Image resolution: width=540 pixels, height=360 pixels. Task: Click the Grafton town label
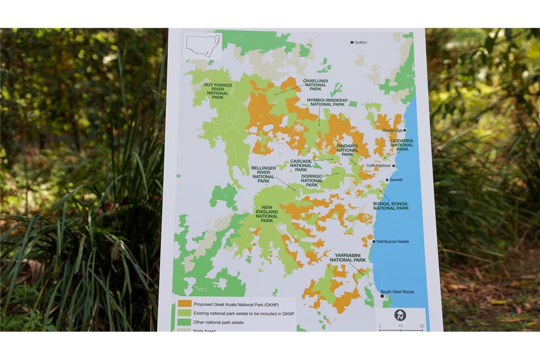tap(360, 43)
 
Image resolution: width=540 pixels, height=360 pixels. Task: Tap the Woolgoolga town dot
tap(405, 130)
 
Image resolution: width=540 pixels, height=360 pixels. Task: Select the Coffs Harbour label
tap(378, 166)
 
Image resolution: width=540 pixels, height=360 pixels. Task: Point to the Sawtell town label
tap(396, 180)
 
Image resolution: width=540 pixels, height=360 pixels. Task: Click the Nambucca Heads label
tap(393, 242)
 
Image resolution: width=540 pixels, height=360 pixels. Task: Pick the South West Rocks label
tap(397, 292)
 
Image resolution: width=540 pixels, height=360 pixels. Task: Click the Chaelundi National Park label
tap(315, 85)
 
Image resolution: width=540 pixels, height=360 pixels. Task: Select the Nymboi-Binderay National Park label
tap(327, 102)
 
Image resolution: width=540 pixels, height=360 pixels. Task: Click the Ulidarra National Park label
tap(402, 145)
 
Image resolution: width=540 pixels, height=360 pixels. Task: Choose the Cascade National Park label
tap(301, 165)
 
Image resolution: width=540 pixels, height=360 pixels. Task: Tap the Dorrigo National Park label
tap(312, 180)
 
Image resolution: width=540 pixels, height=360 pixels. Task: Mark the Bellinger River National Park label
tap(263, 174)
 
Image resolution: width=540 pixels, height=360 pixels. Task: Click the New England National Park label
tap(267, 214)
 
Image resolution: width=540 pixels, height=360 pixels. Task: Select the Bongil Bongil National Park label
tap(391, 206)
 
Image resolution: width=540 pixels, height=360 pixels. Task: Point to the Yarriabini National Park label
tap(348, 258)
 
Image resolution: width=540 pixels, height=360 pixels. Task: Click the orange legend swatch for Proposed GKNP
tap(185, 304)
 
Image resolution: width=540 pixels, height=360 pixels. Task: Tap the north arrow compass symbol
tap(400, 315)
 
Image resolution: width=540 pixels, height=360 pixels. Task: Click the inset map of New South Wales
tap(203, 46)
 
